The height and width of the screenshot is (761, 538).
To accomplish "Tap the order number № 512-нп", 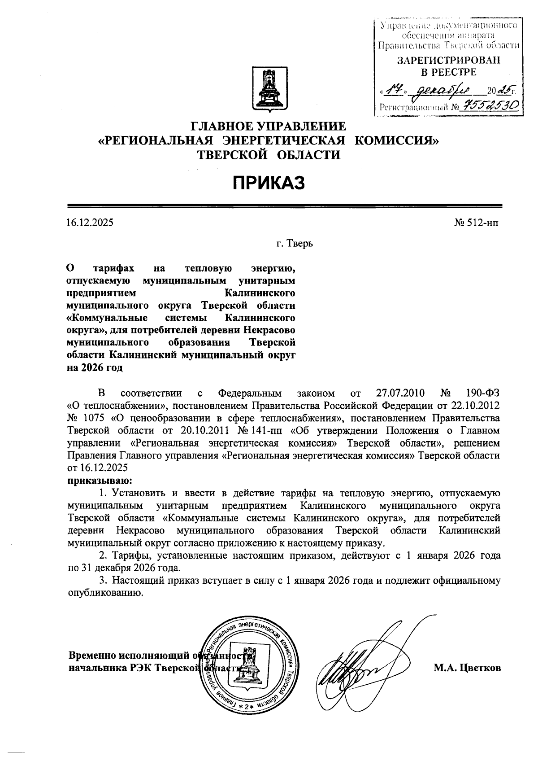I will point(476,222).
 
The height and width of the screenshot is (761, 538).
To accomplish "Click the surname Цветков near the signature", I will point(479,668).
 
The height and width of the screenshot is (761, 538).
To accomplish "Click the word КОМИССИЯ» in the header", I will point(397,140).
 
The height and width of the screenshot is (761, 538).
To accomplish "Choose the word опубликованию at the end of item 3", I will point(105,593).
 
